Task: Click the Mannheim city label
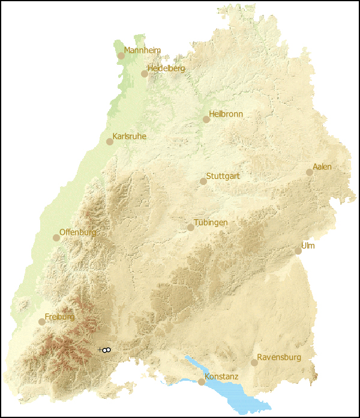142,50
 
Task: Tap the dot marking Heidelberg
145,74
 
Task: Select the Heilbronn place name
226,114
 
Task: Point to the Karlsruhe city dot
110,142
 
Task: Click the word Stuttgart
223,177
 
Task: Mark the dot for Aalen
310,172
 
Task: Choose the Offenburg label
77,232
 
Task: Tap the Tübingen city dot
191,228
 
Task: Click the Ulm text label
308,246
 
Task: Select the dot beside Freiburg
42,322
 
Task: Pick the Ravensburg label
279,357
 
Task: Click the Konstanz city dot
202,382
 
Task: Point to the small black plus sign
100,350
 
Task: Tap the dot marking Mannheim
121,56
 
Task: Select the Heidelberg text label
166,68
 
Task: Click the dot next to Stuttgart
203,181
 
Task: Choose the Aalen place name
322,167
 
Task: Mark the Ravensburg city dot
254,363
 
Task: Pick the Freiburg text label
59,317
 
